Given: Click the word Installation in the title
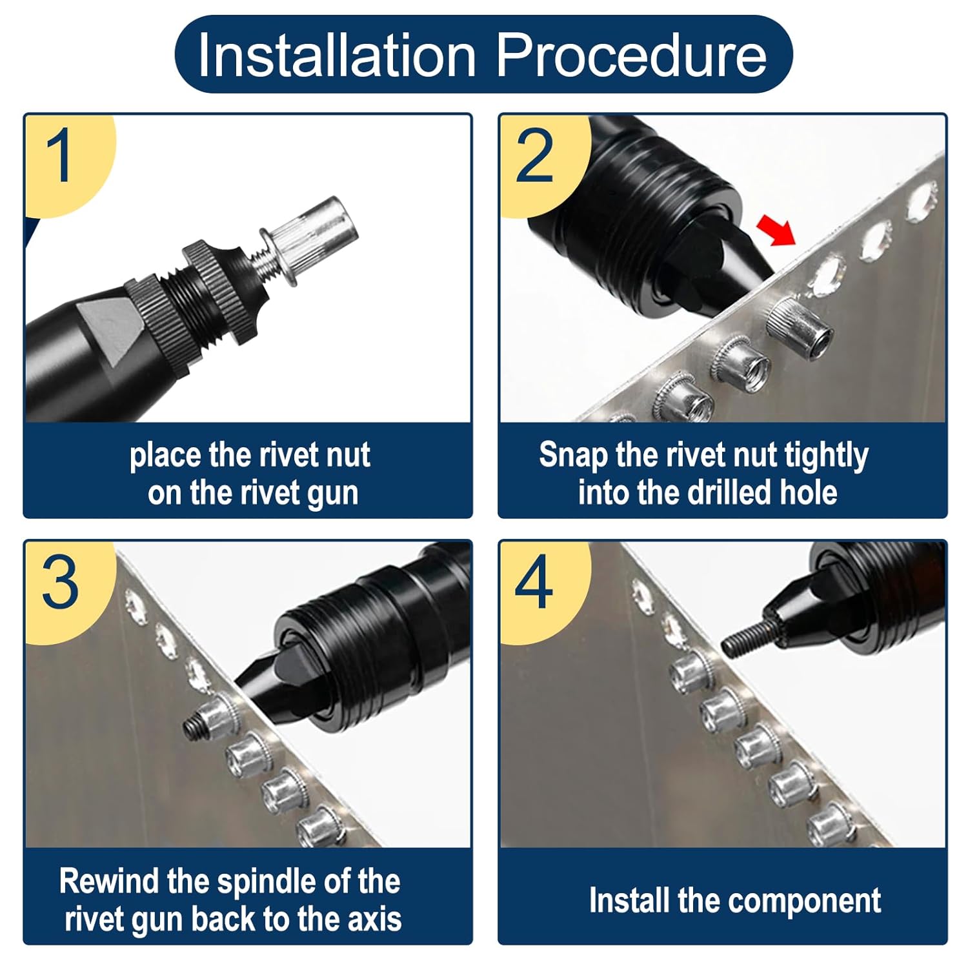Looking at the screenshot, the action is (x=337, y=55).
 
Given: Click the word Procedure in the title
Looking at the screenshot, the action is (x=632, y=55).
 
